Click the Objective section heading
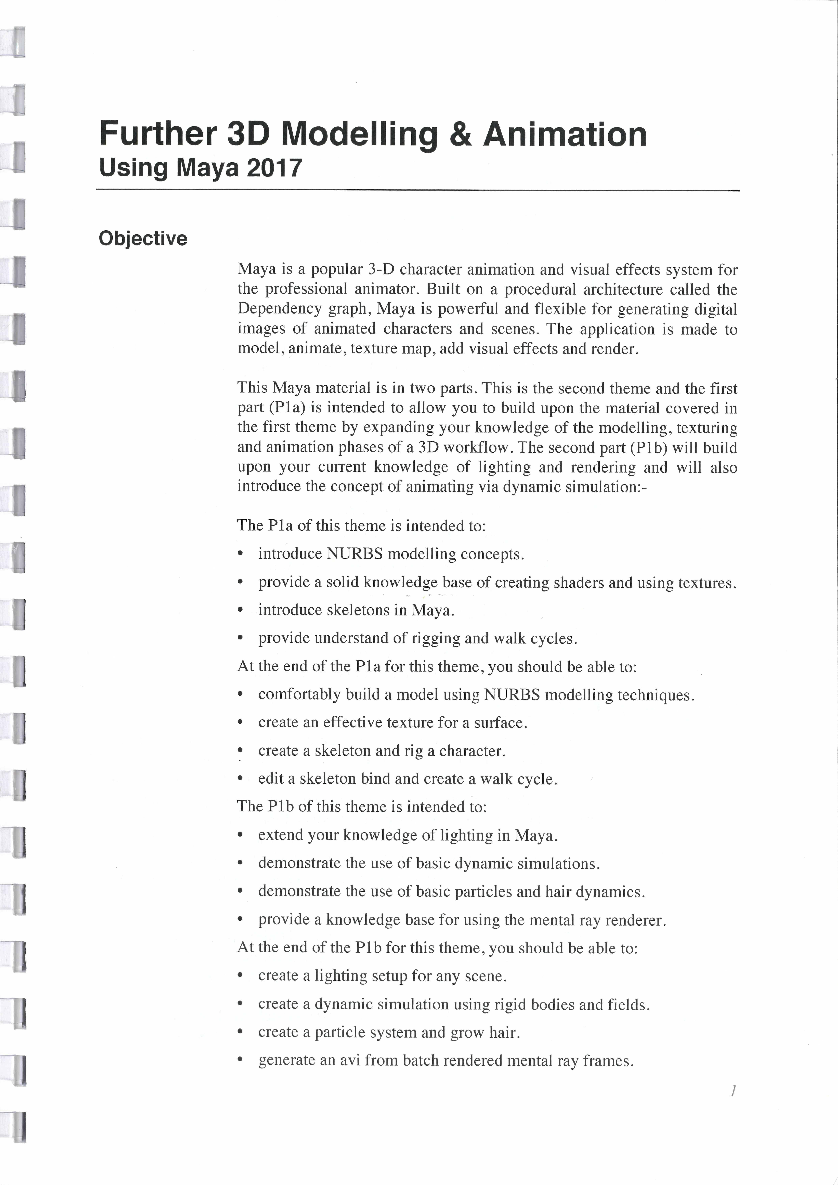point(143,239)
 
